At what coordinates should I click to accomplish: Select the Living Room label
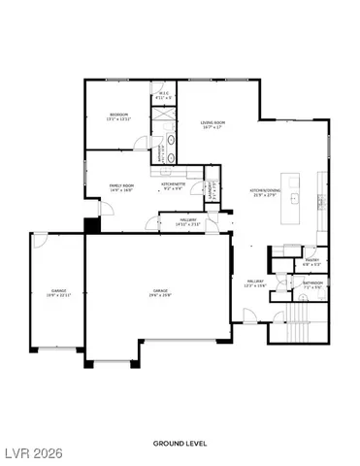tap(213, 124)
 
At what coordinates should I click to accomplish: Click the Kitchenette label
tap(174, 185)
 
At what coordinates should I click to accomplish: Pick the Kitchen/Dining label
tap(265, 194)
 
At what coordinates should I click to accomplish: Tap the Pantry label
tap(285, 261)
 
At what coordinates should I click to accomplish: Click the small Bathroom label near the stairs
tap(312, 285)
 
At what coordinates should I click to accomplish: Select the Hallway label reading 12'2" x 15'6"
tap(255, 283)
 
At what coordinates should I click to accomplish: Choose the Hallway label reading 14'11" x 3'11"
tap(188, 222)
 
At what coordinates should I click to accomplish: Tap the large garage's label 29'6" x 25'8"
tap(160, 292)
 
